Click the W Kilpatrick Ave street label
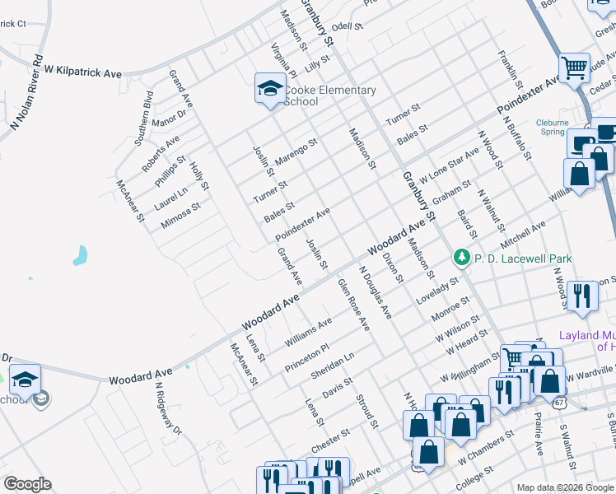[x=82, y=73]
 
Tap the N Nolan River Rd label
[x=26, y=94]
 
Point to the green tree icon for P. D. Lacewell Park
[x=463, y=259]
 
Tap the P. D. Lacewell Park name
[x=520, y=259]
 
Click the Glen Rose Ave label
[x=353, y=305]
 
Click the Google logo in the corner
[x=27, y=484]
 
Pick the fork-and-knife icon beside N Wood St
[x=582, y=295]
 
